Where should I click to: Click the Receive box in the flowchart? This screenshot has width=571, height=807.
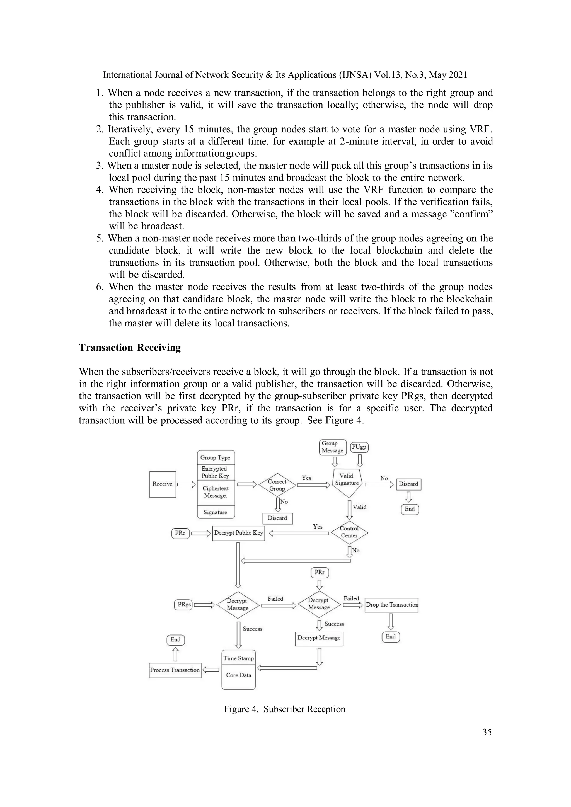(163, 484)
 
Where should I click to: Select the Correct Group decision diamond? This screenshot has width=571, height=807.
(277, 485)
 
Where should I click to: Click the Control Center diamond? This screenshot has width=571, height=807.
(349, 532)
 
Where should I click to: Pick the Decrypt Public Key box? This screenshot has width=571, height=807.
(238, 533)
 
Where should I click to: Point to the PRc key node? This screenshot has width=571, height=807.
(180, 533)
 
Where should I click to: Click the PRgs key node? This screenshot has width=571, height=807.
(183, 605)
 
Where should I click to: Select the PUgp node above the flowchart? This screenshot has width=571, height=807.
(359, 447)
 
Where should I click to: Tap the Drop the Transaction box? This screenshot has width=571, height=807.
(391, 605)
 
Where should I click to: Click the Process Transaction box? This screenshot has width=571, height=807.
(175, 670)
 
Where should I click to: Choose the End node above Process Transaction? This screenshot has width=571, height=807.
(175, 640)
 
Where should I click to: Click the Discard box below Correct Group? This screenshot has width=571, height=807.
(277, 518)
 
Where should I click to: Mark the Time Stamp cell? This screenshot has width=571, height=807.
(238, 658)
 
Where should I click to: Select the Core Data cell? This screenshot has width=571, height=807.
(238, 675)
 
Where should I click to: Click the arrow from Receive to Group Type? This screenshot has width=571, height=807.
(186, 484)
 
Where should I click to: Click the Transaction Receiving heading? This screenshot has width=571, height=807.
(130, 348)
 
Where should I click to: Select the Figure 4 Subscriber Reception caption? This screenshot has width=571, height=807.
(285, 709)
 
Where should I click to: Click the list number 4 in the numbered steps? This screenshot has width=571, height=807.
(100, 190)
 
